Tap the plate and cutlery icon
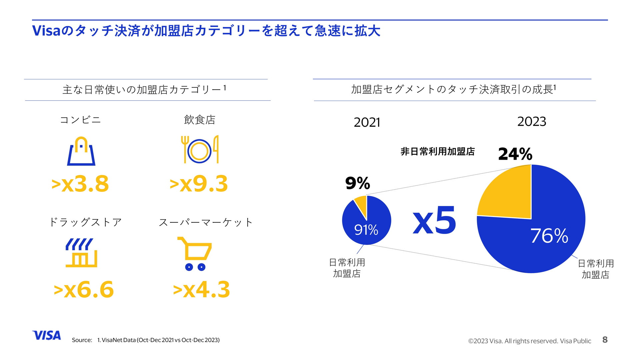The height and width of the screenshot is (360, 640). click(x=200, y=150)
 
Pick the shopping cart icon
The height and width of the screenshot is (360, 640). click(x=195, y=253)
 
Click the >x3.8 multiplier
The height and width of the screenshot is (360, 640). click(x=80, y=184)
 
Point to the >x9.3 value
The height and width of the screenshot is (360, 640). click(x=199, y=184)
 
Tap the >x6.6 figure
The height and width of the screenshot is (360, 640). click(x=84, y=289)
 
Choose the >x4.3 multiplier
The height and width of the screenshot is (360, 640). click(x=201, y=289)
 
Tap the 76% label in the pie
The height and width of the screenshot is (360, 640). click(x=549, y=236)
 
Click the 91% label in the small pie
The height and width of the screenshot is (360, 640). click(x=366, y=230)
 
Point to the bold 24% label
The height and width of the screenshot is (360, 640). click(x=515, y=154)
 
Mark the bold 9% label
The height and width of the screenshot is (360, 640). click(x=358, y=183)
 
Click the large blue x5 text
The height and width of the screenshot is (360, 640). click(x=434, y=221)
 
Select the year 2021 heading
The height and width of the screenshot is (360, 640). click(x=367, y=122)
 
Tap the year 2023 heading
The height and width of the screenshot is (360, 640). click(x=532, y=121)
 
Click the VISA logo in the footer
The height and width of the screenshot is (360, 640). click(x=47, y=335)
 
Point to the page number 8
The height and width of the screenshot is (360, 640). click(x=605, y=340)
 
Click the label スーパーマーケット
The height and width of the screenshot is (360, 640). click(x=206, y=222)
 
